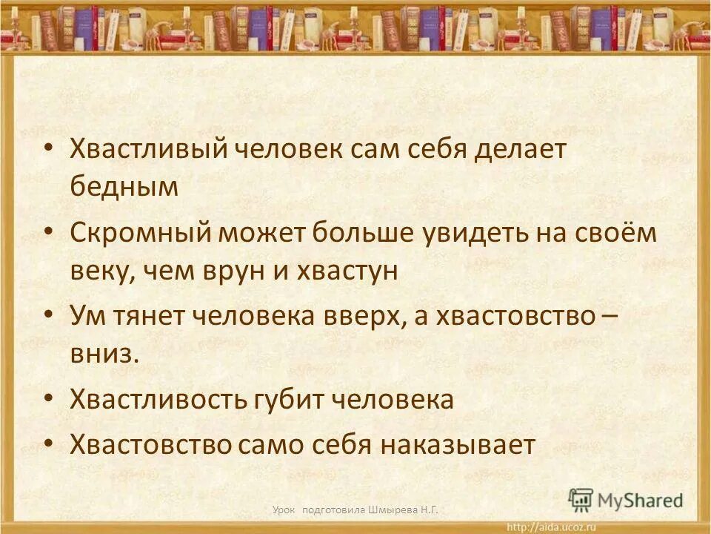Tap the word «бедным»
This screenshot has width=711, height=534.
[x=124, y=187]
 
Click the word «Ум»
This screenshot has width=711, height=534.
[x=85, y=317]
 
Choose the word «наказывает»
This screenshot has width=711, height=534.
[x=458, y=445]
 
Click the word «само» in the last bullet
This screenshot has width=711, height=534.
[x=272, y=445]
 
